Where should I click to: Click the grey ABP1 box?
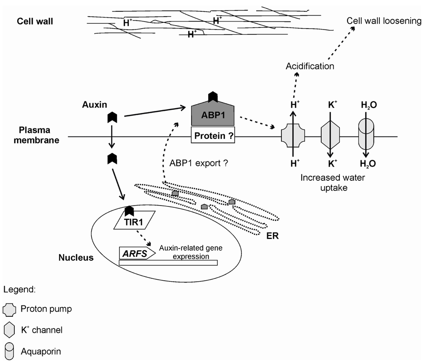pyautogui.click(x=213, y=116)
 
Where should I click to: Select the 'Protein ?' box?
pyautogui.click(x=213, y=136)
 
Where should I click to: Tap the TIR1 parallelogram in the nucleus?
pyautogui.click(x=135, y=220)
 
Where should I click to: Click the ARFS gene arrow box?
pyautogui.click(x=137, y=253)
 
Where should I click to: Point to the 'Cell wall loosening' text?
pyautogui.click(x=384, y=21)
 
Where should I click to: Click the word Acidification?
pyautogui.click(x=309, y=66)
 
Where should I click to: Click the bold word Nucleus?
pyautogui.click(x=76, y=257)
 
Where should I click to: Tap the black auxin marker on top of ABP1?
pyautogui.click(x=213, y=98)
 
